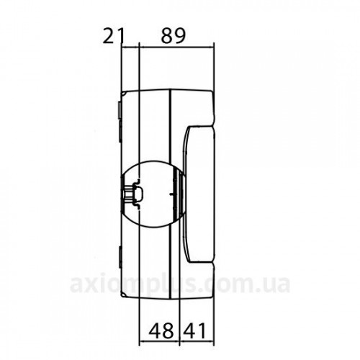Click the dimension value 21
(114, 36)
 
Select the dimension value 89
(174, 36)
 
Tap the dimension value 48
(161, 330)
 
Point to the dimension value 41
(194, 330)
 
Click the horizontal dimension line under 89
(176, 47)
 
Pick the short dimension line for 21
(130, 47)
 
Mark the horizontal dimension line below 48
(159, 341)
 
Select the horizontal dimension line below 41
(197, 341)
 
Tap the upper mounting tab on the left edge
(120, 110)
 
